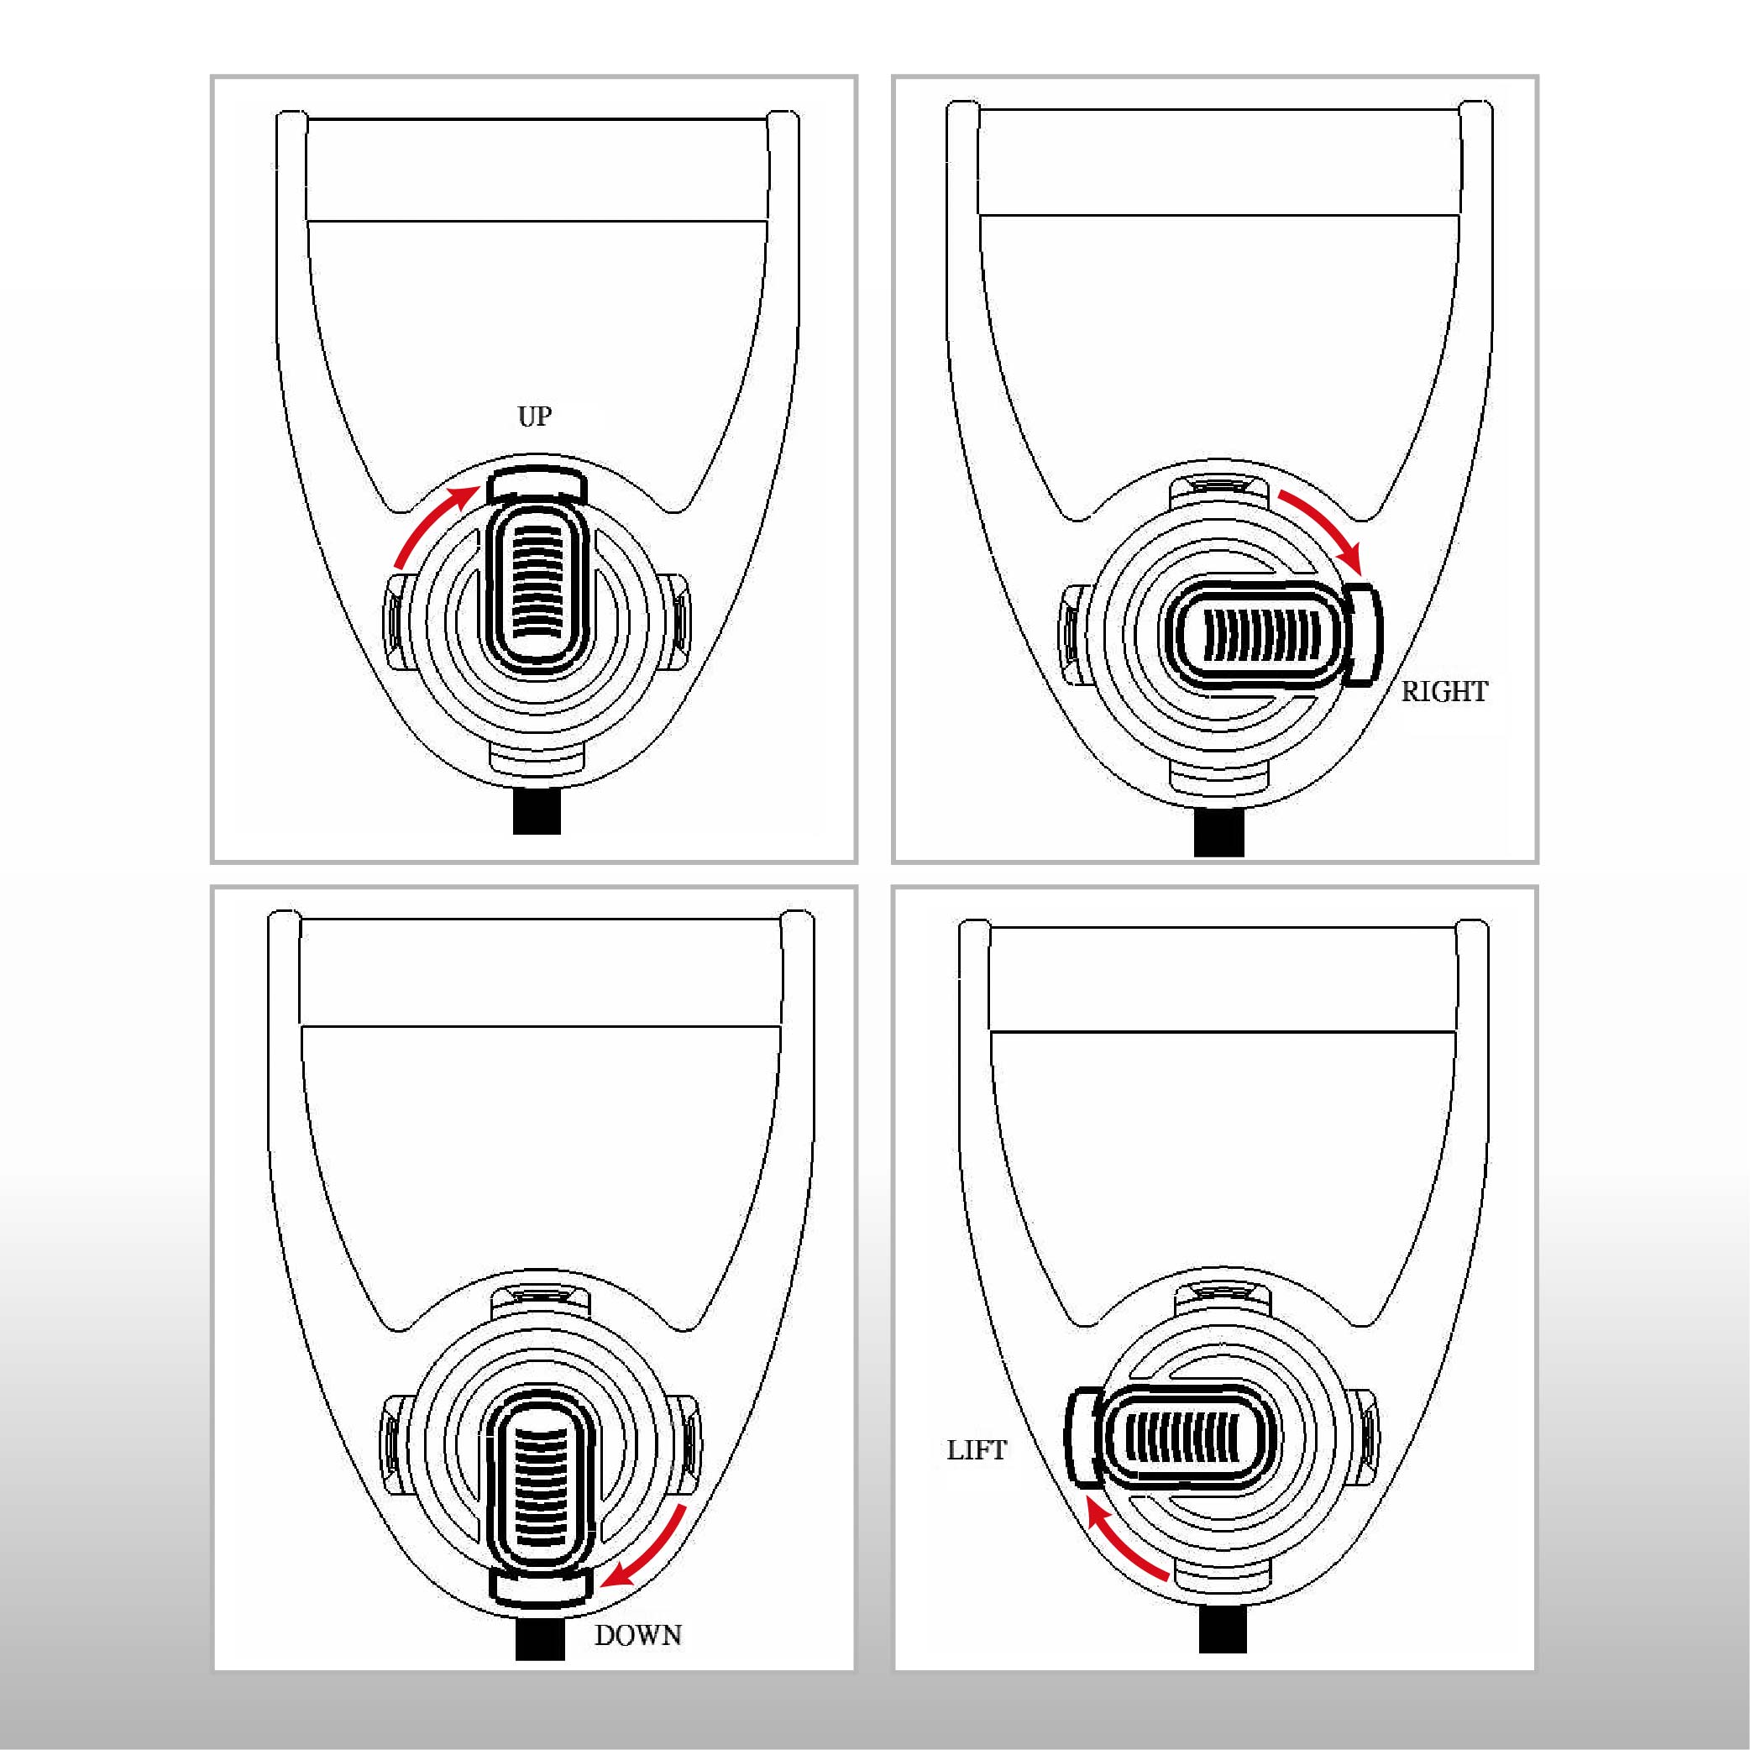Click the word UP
(x=534, y=417)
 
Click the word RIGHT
(x=1444, y=692)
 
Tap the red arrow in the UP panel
(x=426, y=521)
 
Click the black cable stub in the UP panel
(x=537, y=811)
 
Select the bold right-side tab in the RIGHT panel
(x=1362, y=633)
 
